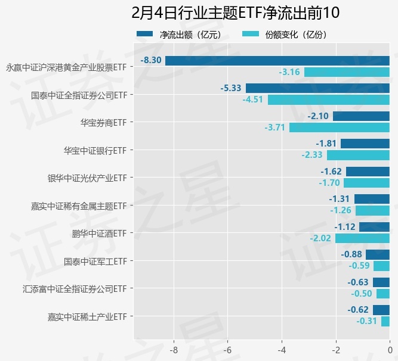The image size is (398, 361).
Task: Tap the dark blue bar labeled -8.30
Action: click(x=277, y=61)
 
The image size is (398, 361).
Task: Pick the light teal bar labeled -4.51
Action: click(x=328, y=99)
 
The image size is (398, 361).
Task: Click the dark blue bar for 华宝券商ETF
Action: click(x=361, y=116)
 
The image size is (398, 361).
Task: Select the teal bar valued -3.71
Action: click(x=339, y=127)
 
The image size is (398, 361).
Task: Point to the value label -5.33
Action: click(x=231, y=88)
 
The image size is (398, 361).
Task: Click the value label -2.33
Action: click(x=312, y=155)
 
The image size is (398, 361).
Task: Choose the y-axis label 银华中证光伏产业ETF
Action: click(x=87, y=178)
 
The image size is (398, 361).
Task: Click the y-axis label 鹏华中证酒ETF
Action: click(x=98, y=233)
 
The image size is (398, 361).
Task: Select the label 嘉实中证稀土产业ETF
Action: click(x=87, y=316)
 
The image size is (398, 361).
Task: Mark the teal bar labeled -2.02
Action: click(x=362, y=238)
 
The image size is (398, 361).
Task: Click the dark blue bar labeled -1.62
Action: click(x=368, y=172)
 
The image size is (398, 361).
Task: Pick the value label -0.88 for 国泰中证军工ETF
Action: click(x=351, y=254)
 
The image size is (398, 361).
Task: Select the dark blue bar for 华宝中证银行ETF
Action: click(x=365, y=144)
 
